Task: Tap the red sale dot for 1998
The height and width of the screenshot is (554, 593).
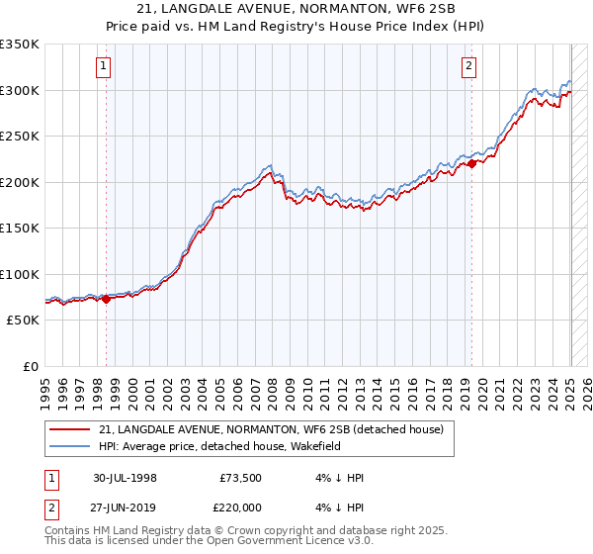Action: pyautogui.click(x=107, y=299)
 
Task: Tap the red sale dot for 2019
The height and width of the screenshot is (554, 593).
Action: pyautogui.click(x=471, y=164)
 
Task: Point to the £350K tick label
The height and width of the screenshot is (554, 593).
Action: pyautogui.click(x=20, y=45)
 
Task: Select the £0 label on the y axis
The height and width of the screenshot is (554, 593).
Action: pyautogui.click(x=31, y=366)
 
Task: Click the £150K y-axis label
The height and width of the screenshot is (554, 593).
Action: pyautogui.click(x=20, y=229)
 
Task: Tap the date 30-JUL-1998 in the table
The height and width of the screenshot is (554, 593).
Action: pyautogui.click(x=125, y=478)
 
